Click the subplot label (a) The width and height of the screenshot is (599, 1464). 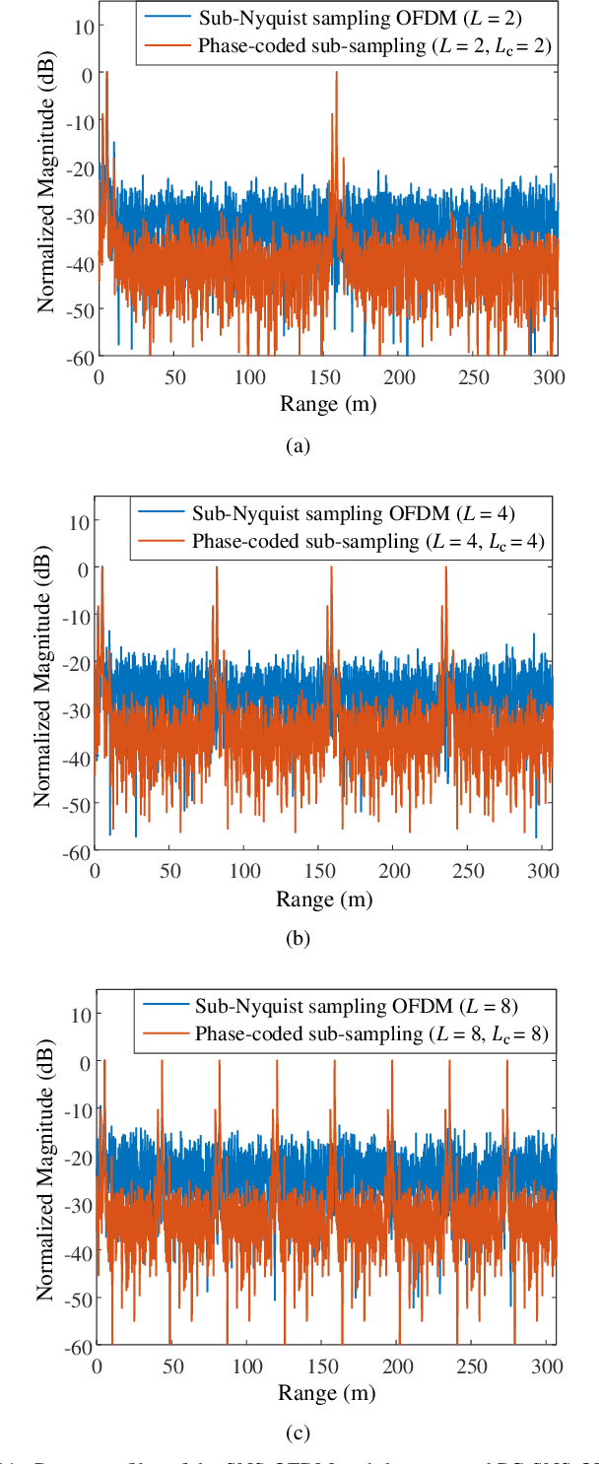pyautogui.click(x=298, y=446)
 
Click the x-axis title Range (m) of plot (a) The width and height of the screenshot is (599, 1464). pyautogui.click(x=327, y=404)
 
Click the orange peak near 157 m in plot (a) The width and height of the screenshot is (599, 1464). pyautogui.click(x=336, y=73)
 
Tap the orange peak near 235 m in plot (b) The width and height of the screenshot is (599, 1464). pyautogui.click(x=445, y=568)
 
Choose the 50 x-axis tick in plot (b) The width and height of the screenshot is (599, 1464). pyautogui.click(x=169, y=871)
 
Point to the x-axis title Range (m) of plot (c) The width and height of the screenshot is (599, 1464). pyautogui.click(x=326, y=1393)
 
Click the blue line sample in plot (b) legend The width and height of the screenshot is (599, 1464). pyautogui.click(x=161, y=512)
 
